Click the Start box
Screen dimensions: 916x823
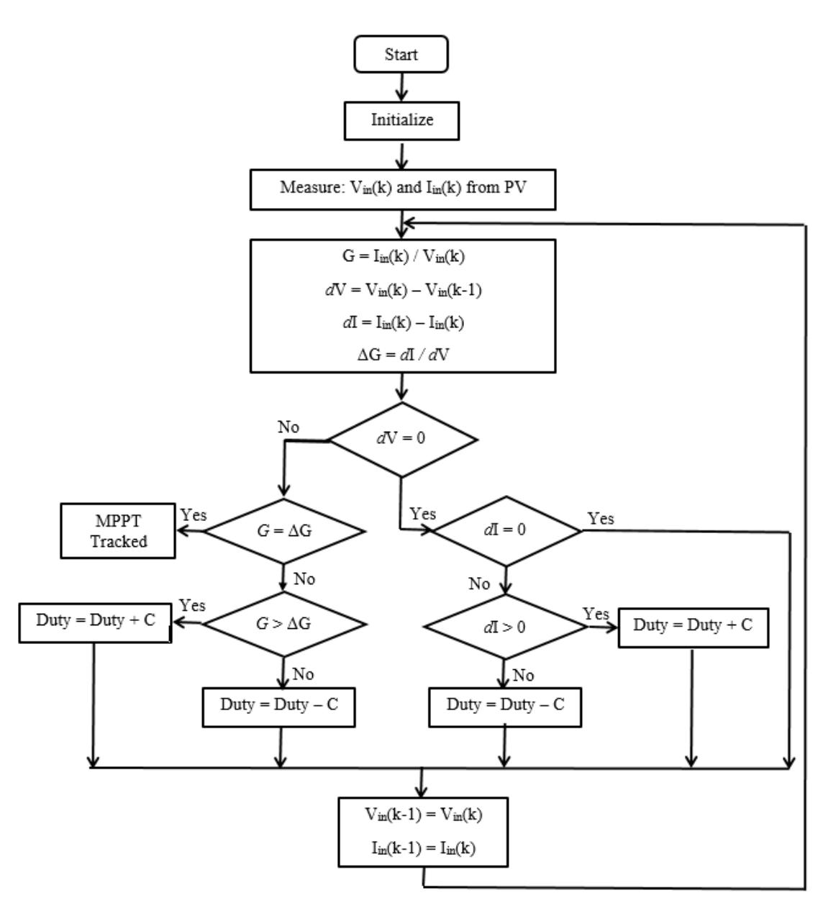[x=401, y=55]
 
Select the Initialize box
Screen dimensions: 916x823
[x=402, y=120]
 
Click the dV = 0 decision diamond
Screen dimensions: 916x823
[x=402, y=437]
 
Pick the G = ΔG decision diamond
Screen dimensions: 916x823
[x=285, y=532]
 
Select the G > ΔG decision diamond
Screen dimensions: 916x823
[x=285, y=624]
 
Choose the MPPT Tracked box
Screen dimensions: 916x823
[x=119, y=531]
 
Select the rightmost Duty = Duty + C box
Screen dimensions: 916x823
[x=692, y=625]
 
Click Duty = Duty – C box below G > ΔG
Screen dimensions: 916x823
[x=278, y=704]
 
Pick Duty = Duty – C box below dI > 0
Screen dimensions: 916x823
[x=505, y=704]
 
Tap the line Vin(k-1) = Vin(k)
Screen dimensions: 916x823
[x=422, y=815]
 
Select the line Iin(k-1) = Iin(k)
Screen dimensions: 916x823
[x=422, y=848]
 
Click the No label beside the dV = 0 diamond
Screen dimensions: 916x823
[x=288, y=427]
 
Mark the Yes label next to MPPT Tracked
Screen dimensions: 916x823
[x=193, y=515]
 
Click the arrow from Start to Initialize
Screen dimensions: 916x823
[x=401, y=87]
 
